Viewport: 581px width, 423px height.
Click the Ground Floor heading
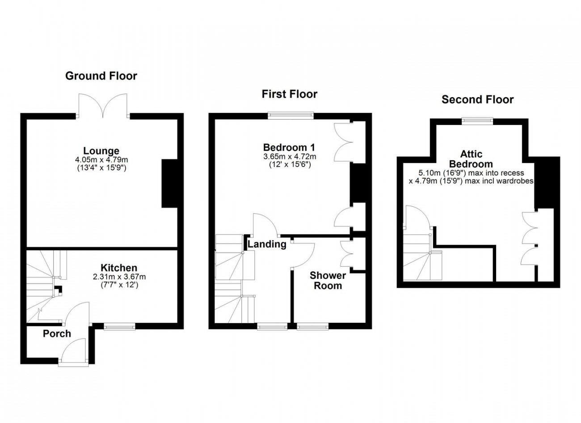click(101, 76)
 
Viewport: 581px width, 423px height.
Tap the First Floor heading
click(290, 94)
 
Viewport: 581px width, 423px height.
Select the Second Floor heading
click(477, 99)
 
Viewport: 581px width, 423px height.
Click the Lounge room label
click(101, 151)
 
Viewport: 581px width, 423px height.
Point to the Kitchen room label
click(119, 268)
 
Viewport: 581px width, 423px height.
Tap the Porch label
click(57, 333)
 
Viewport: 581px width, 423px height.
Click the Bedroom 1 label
click(289, 147)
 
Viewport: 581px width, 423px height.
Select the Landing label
click(267, 244)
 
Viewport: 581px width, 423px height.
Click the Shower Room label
click(328, 280)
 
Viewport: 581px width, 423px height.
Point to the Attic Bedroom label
click(471, 159)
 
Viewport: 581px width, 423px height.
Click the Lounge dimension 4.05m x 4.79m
click(101, 159)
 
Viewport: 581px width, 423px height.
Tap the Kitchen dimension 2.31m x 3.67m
click(119, 277)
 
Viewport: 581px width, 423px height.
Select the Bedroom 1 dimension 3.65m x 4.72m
click(290, 157)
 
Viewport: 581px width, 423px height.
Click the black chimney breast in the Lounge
click(169, 184)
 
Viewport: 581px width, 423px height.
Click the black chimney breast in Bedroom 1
click(358, 183)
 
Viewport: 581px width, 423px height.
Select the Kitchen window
click(120, 326)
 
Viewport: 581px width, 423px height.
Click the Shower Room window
click(313, 326)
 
